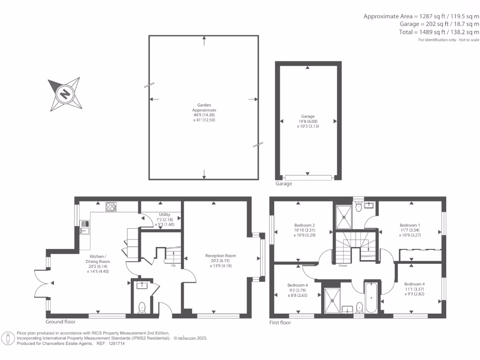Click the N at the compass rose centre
click(65, 95)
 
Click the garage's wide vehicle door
click(308, 178)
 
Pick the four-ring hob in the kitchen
click(111, 206)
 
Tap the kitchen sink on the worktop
click(84, 229)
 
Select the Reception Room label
click(220, 256)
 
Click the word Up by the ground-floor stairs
click(173, 265)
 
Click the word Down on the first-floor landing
click(343, 265)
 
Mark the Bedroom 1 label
click(409, 225)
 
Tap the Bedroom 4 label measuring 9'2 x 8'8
click(298, 285)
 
